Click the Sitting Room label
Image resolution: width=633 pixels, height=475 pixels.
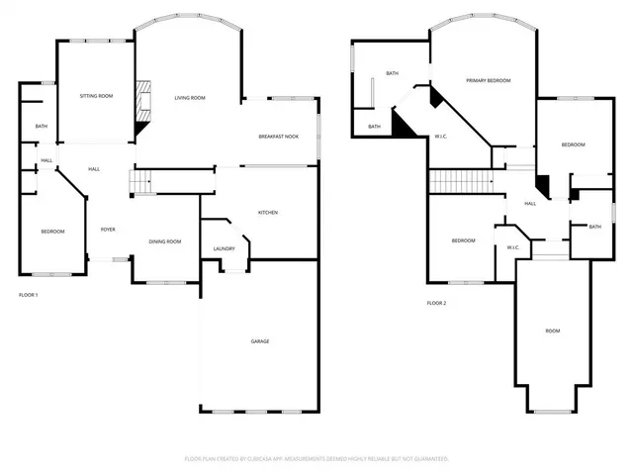pyautogui.click(x=97, y=96)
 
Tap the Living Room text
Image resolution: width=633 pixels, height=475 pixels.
pyautogui.click(x=190, y=97)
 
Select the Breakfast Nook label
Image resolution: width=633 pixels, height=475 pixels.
pyautogui.click(x=278, y=136)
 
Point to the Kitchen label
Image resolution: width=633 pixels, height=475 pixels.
pyautogui.click(x=267, y=213)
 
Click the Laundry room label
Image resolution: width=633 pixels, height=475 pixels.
pyautogui.click(x=224, y=248)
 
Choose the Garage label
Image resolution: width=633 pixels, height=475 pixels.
pyautogui.click(x=259, y=341)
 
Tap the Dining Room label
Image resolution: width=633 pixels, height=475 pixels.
pyautogui.click(x=164, y=241)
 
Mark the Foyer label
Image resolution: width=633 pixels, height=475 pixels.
pyautogui.click(x=108, y=230)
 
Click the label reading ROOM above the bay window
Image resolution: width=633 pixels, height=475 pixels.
pyautogui.click(x=553, y=331)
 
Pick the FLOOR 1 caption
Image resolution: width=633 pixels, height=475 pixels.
pyautogui.click(x=30, y=295)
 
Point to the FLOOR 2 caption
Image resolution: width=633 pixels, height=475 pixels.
pyautogui.click(x=437, y=303)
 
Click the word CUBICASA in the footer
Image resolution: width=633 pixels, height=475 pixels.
pyautogui.click(x=260, y=459)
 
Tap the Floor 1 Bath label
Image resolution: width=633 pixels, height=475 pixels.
pyautogui.click(x=42, y=126)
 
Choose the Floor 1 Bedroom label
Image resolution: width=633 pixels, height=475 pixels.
pyautogui.click(x=52, y=232)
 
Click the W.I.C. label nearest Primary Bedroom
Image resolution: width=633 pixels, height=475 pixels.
pyautogui.click(x=442, y=136)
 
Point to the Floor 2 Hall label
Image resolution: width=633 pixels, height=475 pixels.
pyautogui.click(x=530, y=204)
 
